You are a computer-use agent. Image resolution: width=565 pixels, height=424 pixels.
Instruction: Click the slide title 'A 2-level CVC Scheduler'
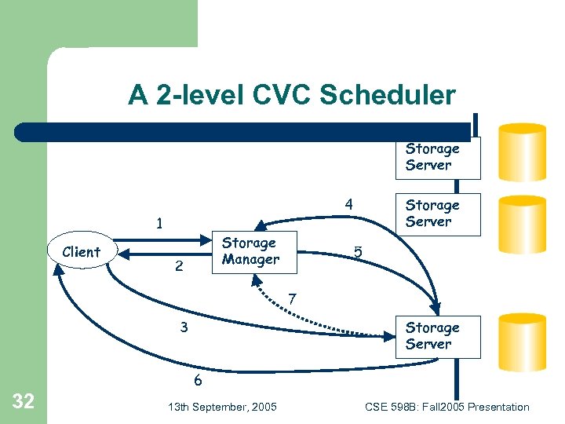pyautogui.click(x=292, y=96)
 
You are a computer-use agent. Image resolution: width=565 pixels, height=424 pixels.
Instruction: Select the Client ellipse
pyautogui.click(x=82, y=252)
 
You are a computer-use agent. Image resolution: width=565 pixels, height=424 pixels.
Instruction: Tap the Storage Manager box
pyautogui.click(x=250, y=251)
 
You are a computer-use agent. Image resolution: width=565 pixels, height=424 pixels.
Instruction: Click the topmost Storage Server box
pyautogui.click(x=432, y=157)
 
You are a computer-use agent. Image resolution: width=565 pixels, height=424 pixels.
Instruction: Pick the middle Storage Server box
pyautogui.click(x=432, y=214)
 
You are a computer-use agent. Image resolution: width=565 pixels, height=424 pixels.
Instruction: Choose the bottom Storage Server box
pyautogui.click(x=432, y=336)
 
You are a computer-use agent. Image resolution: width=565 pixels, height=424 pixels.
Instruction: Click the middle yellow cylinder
pyautogui.click(x=523, y=224)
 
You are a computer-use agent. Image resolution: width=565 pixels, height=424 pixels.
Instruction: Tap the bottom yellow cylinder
pyautogui.click(x=523, y=342)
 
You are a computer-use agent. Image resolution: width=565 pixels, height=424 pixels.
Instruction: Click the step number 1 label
pyautogui.click(x=159, y=224)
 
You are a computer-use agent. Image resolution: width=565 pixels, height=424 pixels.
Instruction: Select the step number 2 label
pyautogui.click(x=179, y=267)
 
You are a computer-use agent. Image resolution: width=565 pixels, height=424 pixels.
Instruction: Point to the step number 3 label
pyautogui.click(x=184, y=327)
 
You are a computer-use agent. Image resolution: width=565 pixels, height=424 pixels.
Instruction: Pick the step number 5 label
pyautogui.click(x=358, y=253)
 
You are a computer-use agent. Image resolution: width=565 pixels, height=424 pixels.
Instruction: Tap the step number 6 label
pyautogui.click(x=198, y=381)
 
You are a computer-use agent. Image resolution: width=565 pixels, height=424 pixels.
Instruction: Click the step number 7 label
pyautogui.click(x=292, y=299)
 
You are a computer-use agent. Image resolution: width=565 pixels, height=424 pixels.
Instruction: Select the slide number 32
pyautogui.click(x=24, y=402)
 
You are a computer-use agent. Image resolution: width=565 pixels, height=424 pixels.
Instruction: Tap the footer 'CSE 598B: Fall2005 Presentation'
pyautogui.click(x=447, y=407)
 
